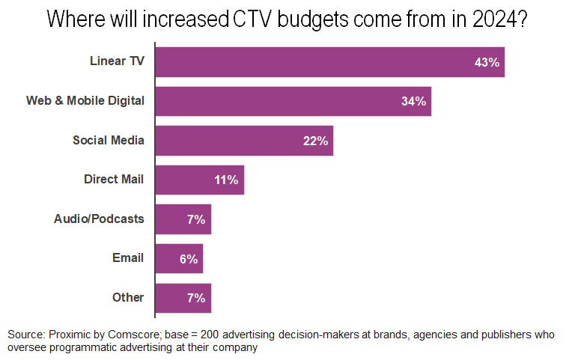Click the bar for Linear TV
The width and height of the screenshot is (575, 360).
pyautogui.click(x=329, y=62)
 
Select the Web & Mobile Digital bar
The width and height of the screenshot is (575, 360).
pyautogui.click(x=293, y=101)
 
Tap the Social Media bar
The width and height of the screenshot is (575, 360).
pyautogui.click(x=243, y=141)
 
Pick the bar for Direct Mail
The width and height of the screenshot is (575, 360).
pyautogui.click(x=199, y=180)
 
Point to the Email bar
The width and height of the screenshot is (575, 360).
pyautogui.click(x=179, y=258)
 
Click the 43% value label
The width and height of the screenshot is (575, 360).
pyautogui.click(x=487, y=62)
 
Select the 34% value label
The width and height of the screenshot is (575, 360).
pyautogui.click(x=413, y=101)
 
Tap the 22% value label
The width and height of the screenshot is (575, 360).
pyautogui.click(x=316, y=141)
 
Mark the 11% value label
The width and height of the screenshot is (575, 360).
pyautogui.click(x=226, y=180)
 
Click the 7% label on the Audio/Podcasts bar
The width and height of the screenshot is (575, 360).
pyautogui.click(x=196, y=219)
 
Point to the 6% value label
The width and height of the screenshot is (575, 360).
pyautogui.click(x=188, y=259)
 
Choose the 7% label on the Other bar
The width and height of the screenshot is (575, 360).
pyautogui.click(x=196, y=298)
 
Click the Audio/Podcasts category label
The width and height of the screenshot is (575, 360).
pyautogui.click(x=99, y=219)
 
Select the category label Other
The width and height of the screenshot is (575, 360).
pyautogui.click(x=128, y=298)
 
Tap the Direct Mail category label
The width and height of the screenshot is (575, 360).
pyautogui.click(x=114, y=180)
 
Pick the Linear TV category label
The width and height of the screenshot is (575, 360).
pyautogui.click(x=117, y=61)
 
